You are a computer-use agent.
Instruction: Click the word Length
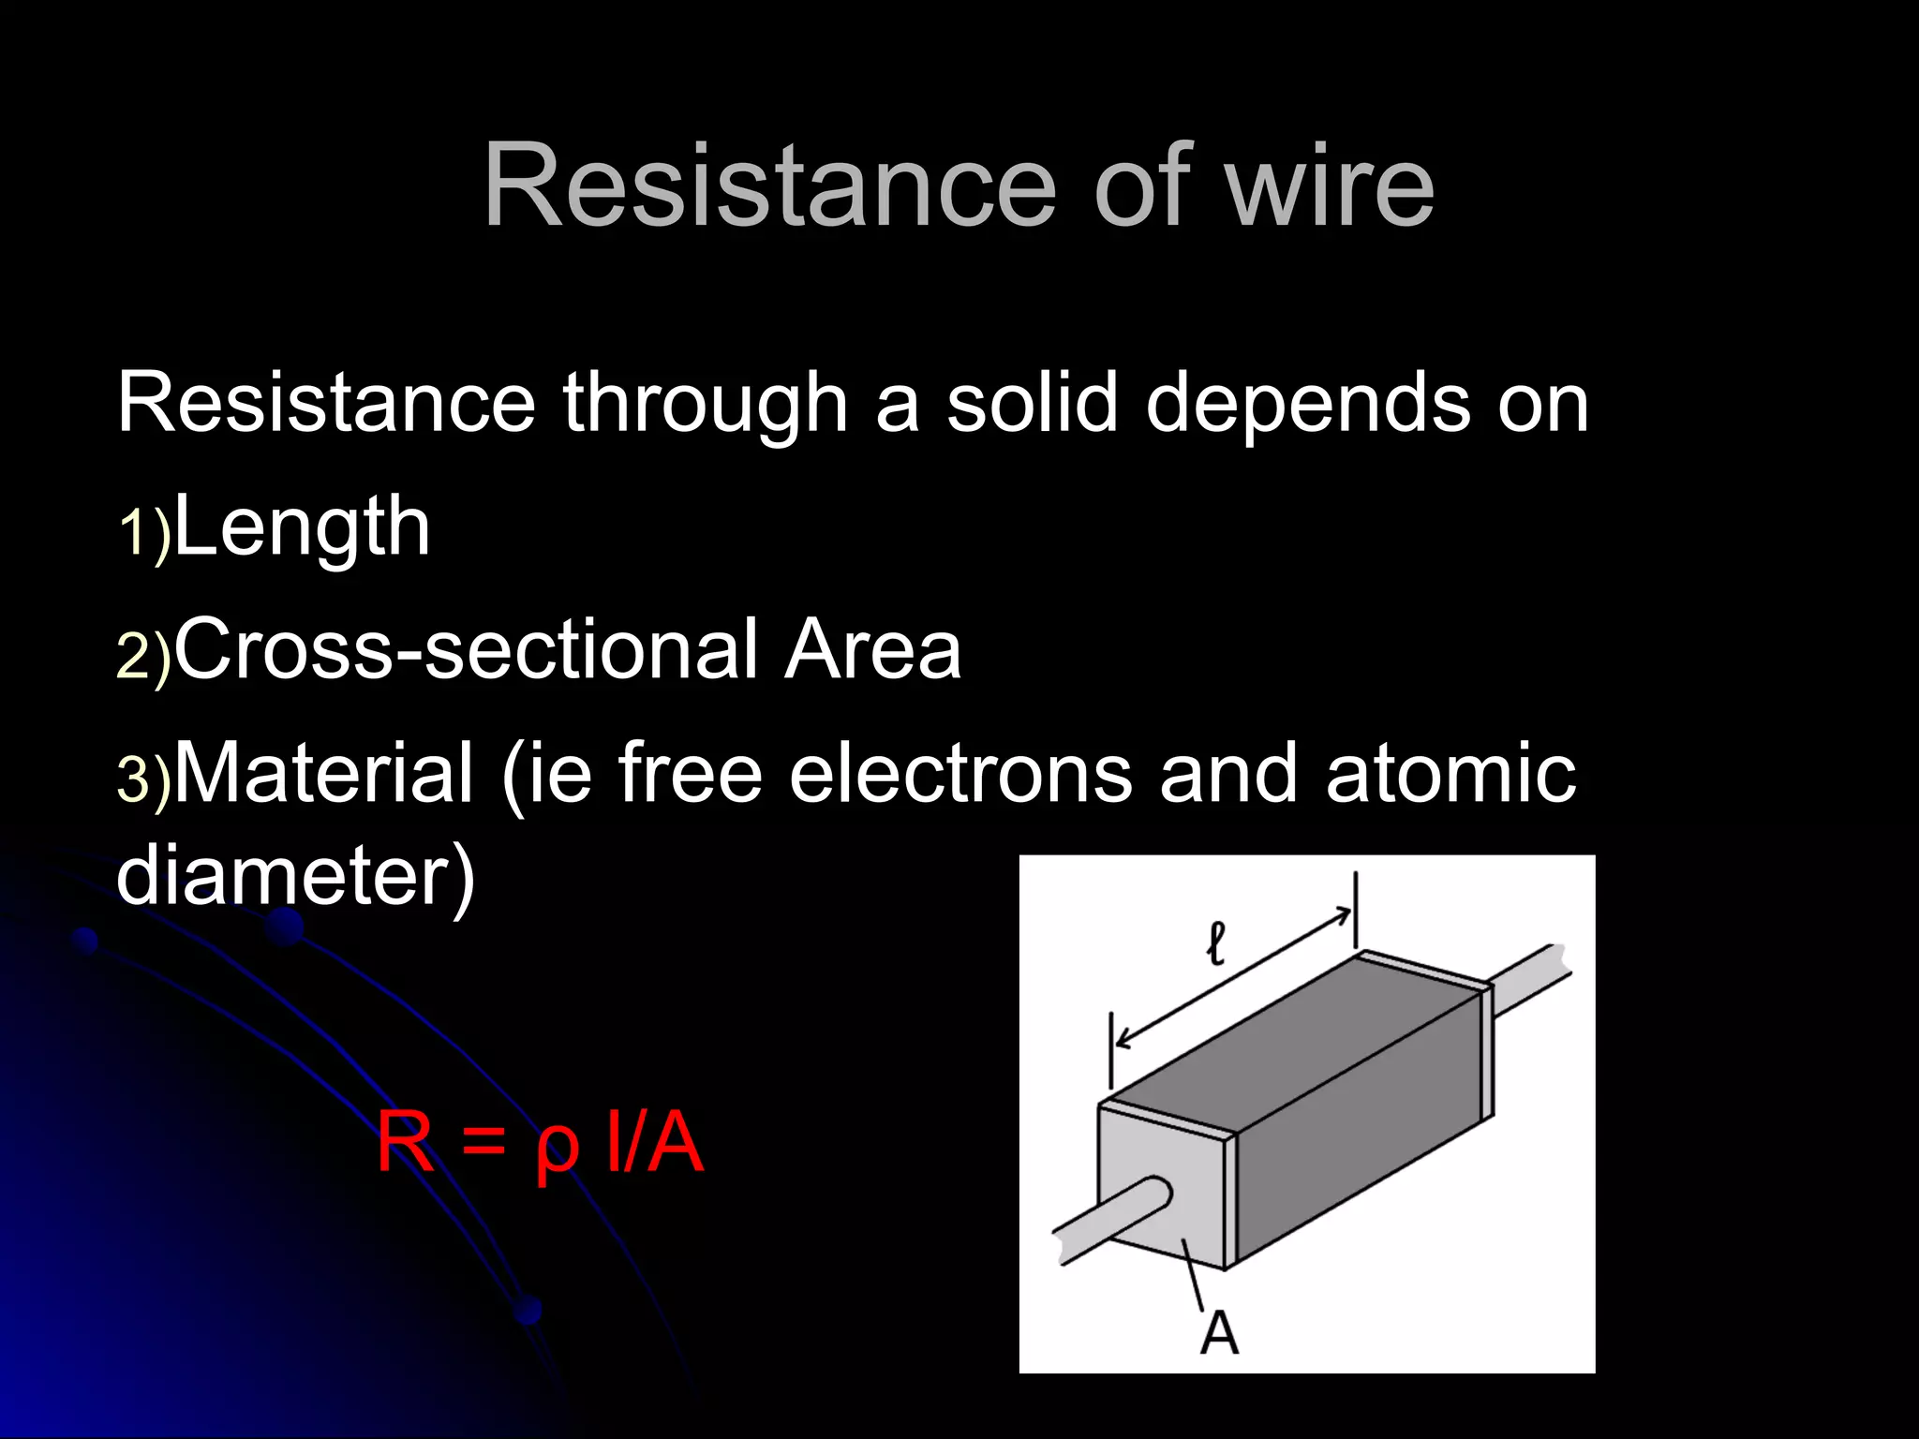click(302, 528)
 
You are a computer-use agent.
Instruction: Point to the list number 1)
click(143, 534)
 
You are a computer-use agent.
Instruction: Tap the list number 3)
click(143, 779)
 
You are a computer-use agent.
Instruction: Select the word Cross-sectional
click(466, 649)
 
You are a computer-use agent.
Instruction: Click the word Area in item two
click(873, 649)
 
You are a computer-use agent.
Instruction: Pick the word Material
click(324, 773)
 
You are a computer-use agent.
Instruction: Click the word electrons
click(960, 775)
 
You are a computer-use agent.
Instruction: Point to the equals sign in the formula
click(483, 1143)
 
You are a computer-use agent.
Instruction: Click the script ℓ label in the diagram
click(1215, 943)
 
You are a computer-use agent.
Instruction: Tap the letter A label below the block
click(1219, 1332)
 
